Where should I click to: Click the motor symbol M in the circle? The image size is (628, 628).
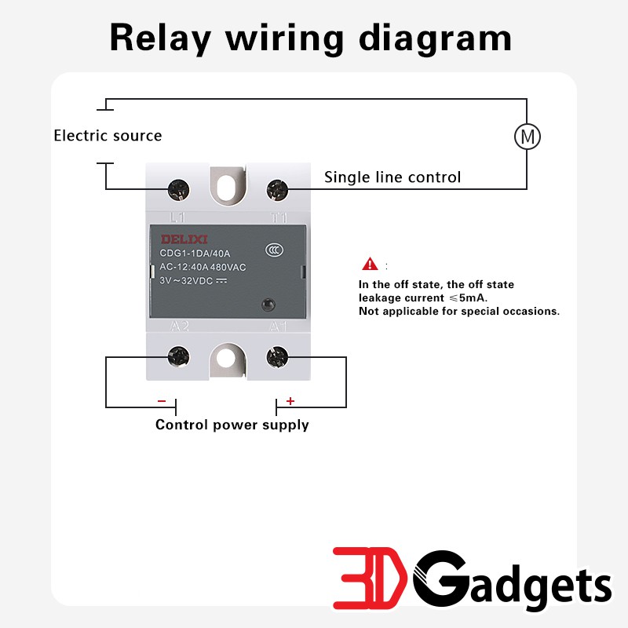click(528, 137)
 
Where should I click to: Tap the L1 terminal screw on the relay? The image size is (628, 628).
click(179, 188)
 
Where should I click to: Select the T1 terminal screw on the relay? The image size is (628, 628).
click(277, 188)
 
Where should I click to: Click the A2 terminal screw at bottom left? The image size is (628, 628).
click(179, 358)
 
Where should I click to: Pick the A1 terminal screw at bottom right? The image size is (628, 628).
click(277, 358)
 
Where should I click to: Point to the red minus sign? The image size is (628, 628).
click(162, 401)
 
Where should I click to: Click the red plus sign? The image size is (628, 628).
click(290, 401)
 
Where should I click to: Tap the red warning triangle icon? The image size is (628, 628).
click(370, 265)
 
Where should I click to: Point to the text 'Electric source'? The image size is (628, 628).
click(108, 136)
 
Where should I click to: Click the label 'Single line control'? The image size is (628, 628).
click(392, 177)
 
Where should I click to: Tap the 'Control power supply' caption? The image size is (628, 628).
click(232, 425)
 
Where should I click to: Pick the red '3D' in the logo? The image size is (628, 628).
click(371, 581)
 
